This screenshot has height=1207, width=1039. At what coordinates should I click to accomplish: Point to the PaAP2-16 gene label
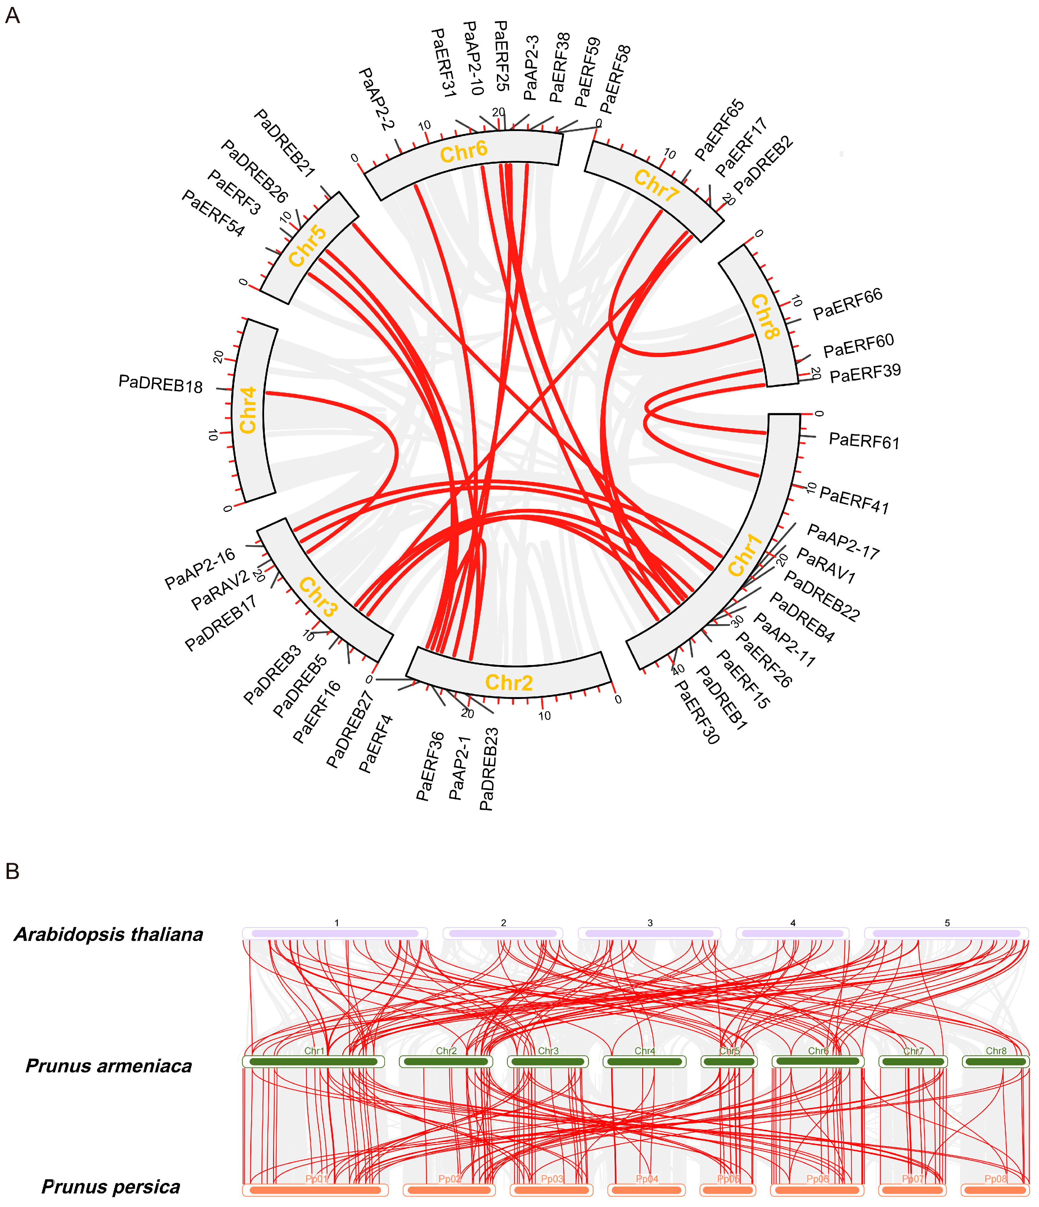coord(200,569)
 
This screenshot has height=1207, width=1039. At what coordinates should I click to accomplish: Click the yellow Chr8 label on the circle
coord(765,317)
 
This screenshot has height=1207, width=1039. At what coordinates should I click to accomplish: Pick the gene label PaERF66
coord(848,304)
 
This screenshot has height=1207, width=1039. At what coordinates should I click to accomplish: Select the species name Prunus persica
coord(111,1187)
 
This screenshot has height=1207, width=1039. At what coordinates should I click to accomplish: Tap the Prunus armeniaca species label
coord(109,1066)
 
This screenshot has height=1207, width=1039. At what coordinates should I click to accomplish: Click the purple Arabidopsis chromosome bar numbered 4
coord(792,933)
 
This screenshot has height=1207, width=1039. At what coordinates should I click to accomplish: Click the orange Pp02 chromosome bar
coord(449,1190)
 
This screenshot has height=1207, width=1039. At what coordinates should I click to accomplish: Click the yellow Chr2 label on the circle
coord(509,682)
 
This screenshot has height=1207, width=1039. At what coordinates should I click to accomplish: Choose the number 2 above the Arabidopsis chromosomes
coord(503,923)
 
